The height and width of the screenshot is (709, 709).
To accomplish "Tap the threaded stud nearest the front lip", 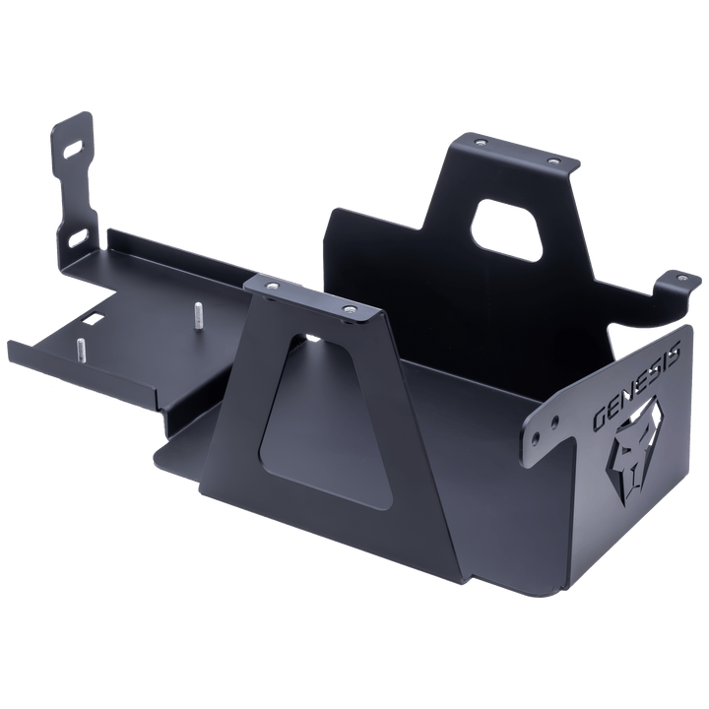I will pos(78,348).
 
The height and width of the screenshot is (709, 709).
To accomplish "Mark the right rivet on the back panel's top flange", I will pos(552,158).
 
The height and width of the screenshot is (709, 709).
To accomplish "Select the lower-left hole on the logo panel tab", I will pos(536,435).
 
